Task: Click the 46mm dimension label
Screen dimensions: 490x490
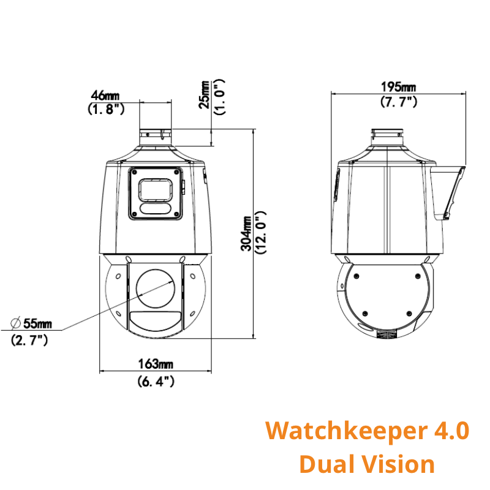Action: pos(105,96)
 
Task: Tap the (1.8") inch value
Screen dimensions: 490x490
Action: pos(105,110)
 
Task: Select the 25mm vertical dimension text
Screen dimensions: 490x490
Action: pos(205,94)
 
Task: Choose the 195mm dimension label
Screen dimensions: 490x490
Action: pos(398,87)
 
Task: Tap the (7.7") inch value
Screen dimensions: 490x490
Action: pos(398,102)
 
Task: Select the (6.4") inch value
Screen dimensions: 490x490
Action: pos(156,381)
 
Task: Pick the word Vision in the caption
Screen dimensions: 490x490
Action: pos(397,464)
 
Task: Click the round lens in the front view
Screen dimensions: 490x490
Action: pos(156,288)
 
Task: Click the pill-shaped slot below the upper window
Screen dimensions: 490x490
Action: pos(156,209)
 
